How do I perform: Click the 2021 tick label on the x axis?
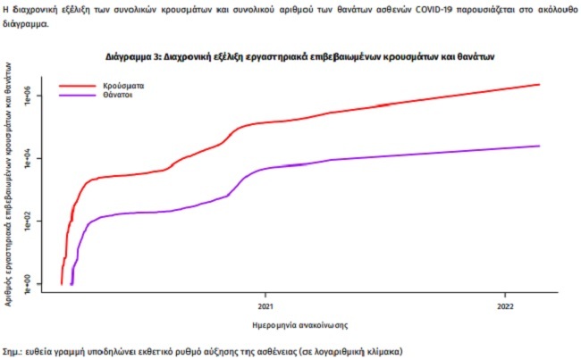[x=265, y=303]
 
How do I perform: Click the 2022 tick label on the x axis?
[x=505, y=303]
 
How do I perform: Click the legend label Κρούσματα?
[x=123, y=85]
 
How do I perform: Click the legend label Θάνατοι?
[x=121, y=95]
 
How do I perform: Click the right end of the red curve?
[x=540, y=84]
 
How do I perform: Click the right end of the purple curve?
[x=540, y=146]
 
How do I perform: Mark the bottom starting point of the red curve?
[x=62, y=283]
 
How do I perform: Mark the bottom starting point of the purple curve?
[x=72, y=284]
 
